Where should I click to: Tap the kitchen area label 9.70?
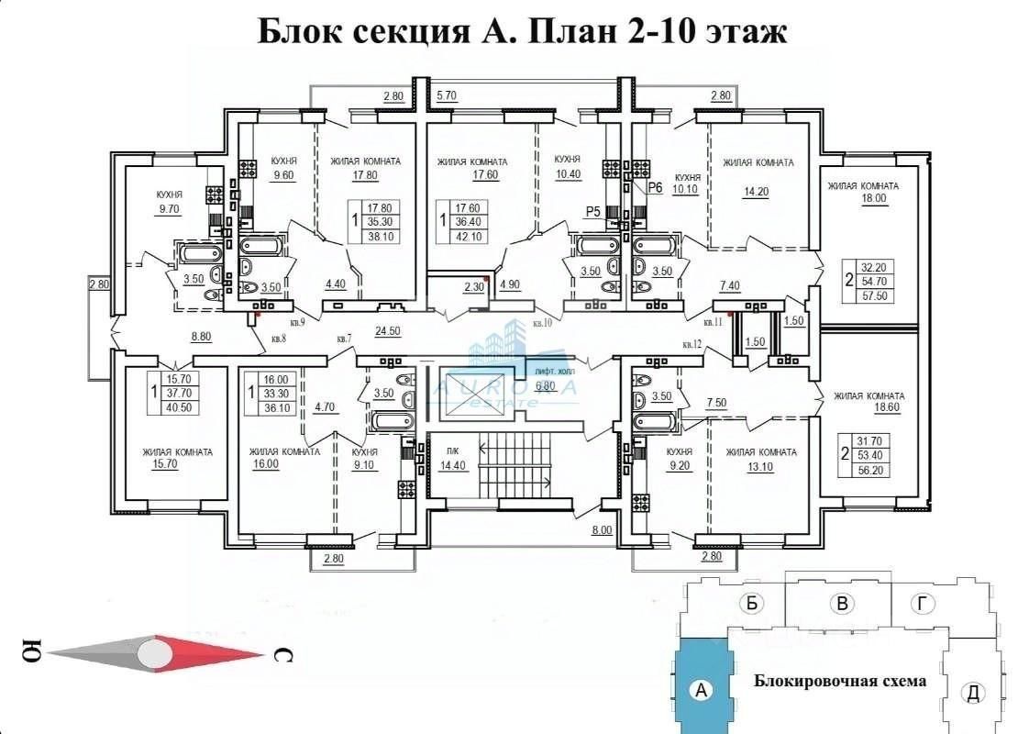(169, 209)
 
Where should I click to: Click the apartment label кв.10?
(544, 324)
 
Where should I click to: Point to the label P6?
(655, 188)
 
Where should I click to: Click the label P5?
(592, 212)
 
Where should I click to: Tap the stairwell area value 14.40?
(451, 465)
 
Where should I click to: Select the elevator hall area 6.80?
(546, 385)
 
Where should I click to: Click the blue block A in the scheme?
(702, 689)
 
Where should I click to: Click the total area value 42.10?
(470, 237)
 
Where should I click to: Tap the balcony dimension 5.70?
(447, 95)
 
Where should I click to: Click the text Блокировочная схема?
(839, 681)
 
